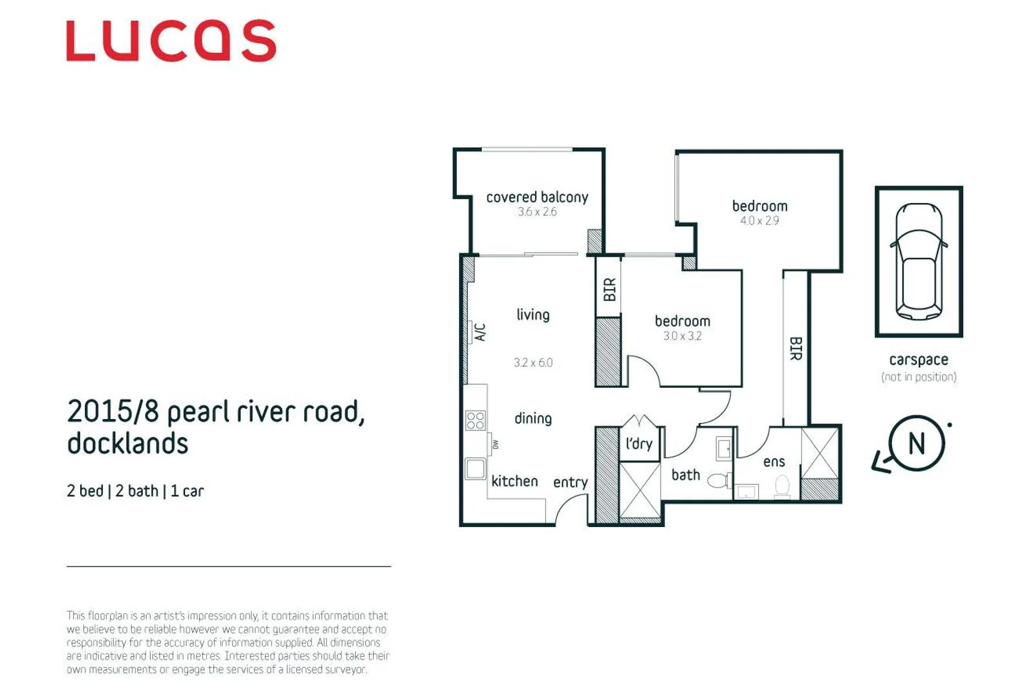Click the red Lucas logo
click(x=171, y=40)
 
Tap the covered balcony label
click(x=538, y=197)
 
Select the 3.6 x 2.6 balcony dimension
click(x=538, y=212)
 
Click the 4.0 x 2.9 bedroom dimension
click(x=759, y=221)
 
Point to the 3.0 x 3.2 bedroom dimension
click(x=682, y=336)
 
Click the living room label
click(x=533, y=315)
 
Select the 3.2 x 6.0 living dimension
click(x=533, y=363)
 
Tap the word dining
click(x=533, y=418)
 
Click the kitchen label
click(x=515, y=481)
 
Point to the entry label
click(x=571, y=482)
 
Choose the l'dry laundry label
click(x=639, y=444)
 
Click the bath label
click(x=686, y=475)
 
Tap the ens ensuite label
click(x=774, y=462)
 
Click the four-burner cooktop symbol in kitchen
click(x=475, y=420)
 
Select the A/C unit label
click(x=481, y=332)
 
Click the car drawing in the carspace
click(x=919, y=261)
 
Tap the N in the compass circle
click(x=917, y=444)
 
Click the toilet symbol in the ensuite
click(x=782, y=487)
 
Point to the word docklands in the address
click(x=127, y=444)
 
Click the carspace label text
click(x=919, y=360)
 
